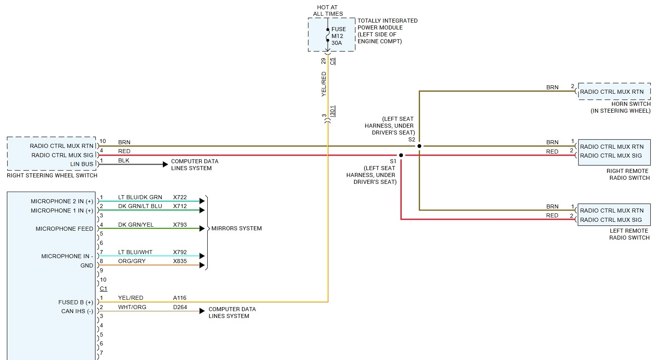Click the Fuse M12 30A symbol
(328, 35)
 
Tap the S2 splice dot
(419, 146)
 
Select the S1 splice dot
(401, 155)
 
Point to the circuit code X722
(180, 197)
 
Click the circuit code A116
(180, 298)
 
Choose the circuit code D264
(180, 307)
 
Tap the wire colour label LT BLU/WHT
(135, 252)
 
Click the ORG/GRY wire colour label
(132, 261)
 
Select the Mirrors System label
(236, 228)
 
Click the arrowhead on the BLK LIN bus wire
(165, 164)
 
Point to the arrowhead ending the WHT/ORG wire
(202, 311)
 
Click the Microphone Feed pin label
(64, 229)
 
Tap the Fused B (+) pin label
(76, 302)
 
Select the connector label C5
(333, 61)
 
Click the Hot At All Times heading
(327, 11)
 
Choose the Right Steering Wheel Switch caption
(52, 175)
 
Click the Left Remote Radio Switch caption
(629, 234)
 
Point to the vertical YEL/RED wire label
(324, 84)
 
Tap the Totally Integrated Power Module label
(387, 31)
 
